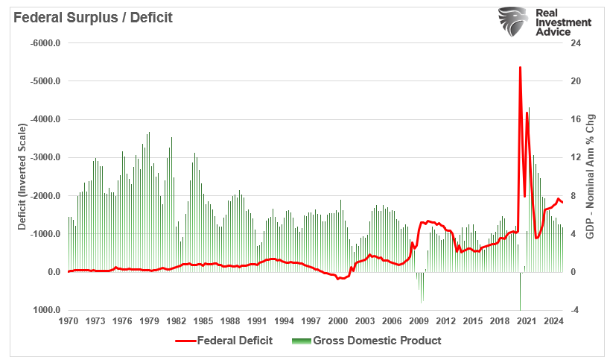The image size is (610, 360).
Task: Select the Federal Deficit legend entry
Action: [225, 341]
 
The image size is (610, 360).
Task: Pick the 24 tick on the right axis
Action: [574, 43]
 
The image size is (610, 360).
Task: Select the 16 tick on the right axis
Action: [574, 119]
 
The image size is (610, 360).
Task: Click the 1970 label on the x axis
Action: [68, 321]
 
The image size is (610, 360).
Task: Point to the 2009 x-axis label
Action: [419, 321]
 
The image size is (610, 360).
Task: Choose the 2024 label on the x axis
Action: [553, 321]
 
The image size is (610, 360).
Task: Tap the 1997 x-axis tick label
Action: [311, 321]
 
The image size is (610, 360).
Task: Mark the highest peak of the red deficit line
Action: [520, 67]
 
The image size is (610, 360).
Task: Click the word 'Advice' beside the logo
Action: [554, 33]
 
